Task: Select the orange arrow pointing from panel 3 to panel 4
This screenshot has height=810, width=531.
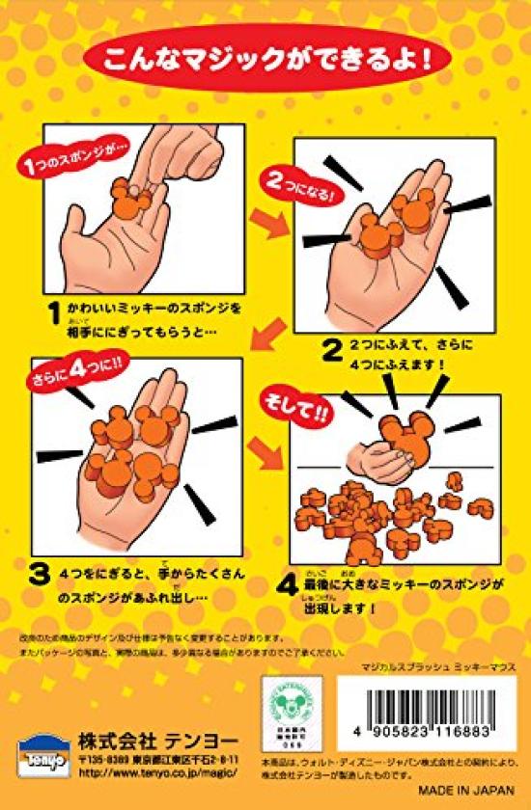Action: [x=261, y=446]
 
